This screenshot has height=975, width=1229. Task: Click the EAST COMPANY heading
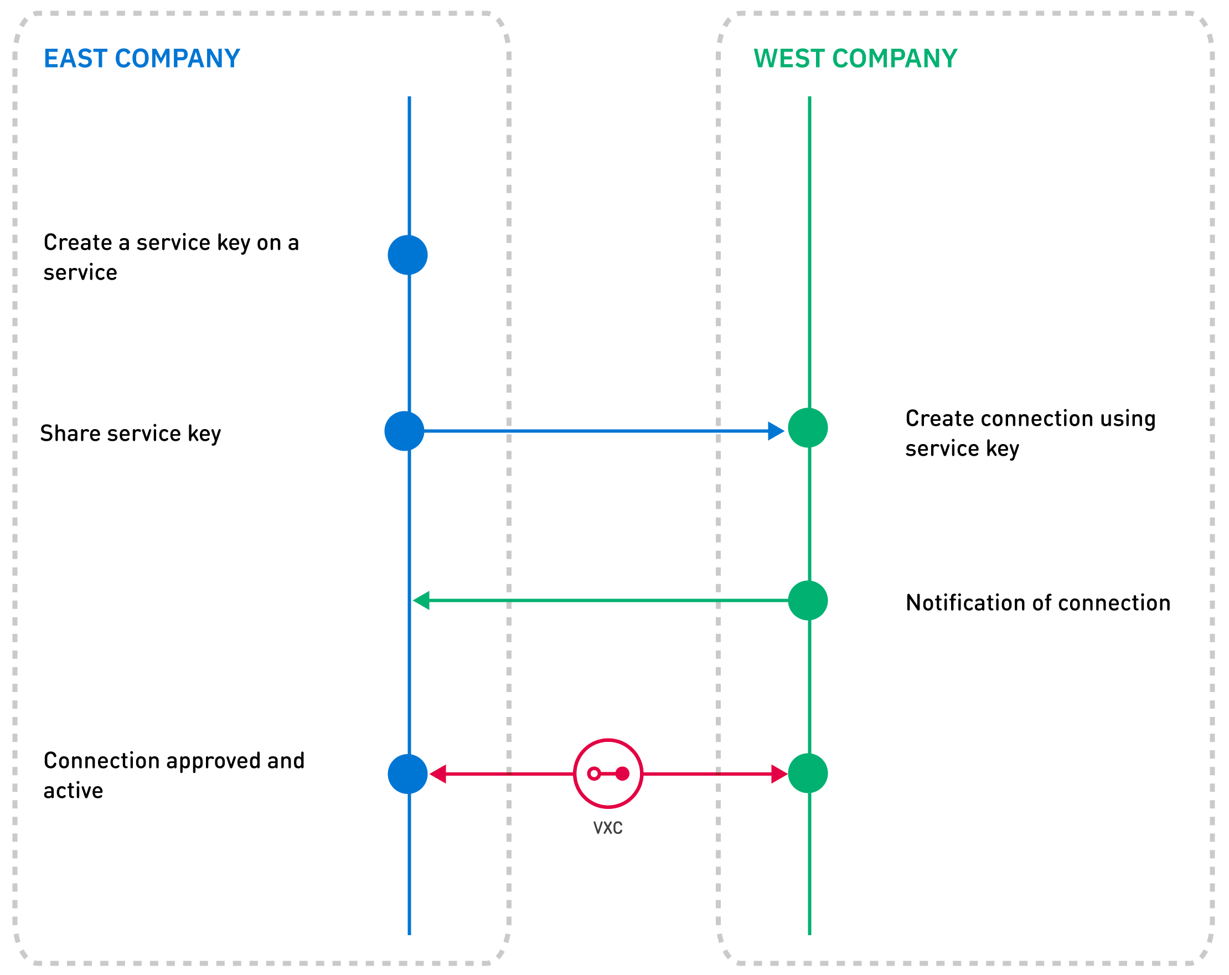pos(142,59)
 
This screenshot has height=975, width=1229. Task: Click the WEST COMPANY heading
pos(855,59)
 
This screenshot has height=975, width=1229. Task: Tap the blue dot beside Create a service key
pos(407,255)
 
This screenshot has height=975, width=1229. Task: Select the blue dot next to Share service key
pos(404,431)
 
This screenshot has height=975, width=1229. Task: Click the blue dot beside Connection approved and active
pos(407,775)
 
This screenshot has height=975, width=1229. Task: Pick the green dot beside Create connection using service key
pos(808,427)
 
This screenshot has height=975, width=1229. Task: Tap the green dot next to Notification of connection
pos(808,600)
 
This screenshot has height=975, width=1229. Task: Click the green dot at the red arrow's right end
pos(808,773)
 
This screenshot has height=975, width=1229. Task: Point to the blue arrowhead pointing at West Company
pos(776,431)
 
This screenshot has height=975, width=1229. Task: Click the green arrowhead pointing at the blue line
pos(421,600)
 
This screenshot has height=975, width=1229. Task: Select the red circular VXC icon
pos(608,773)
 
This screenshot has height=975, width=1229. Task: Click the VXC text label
pos(608,828)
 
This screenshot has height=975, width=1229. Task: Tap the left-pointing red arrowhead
pos(438,775)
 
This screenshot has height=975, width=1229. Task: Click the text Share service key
pos(131,434)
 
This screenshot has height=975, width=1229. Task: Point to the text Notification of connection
pos(1038,603)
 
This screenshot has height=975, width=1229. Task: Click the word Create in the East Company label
pos(78,243)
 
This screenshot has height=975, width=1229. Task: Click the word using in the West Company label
pos(1128,419)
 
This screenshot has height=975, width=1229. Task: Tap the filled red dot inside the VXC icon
pos(622,773)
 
